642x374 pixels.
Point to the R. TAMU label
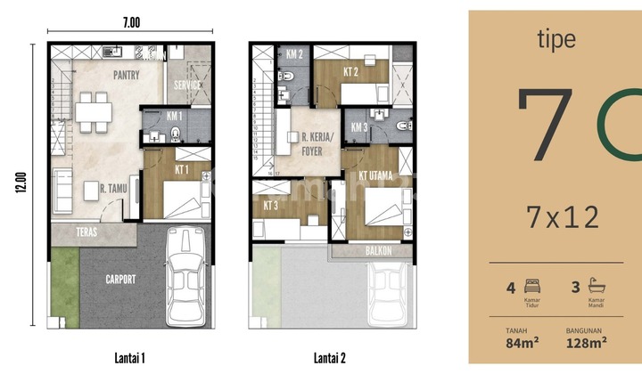coord(96,188)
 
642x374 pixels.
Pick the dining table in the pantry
coord(94,113)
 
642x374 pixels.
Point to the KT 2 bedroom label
coord(351,70)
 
